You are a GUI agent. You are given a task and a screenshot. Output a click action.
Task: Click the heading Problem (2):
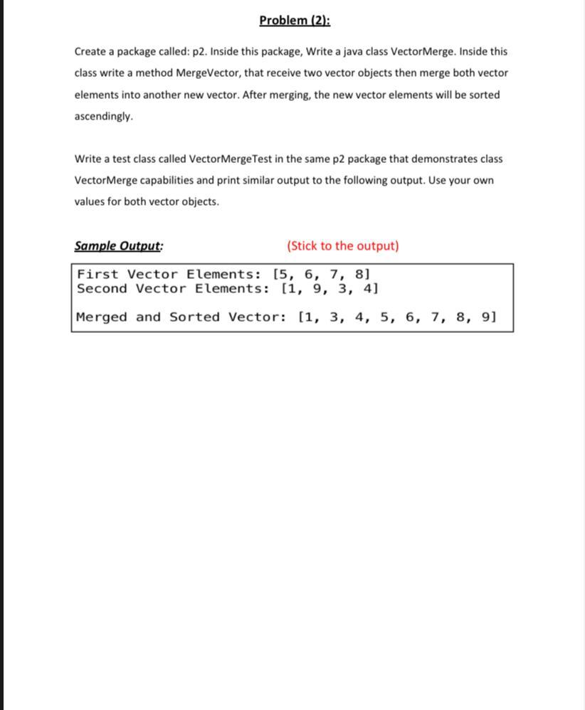pyautogui.click(x=295, y=20)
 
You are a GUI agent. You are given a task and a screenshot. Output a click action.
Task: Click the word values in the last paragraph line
pyautogui.click(x=90, y=201)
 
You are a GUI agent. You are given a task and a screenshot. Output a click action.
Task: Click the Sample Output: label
pyautogui.click(x=119, y=246)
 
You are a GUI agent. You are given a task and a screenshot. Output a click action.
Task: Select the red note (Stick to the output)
pyautogui.click(x=342, y=246)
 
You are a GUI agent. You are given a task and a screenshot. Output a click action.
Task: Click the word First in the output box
pyautogui.click(x=97, y=274)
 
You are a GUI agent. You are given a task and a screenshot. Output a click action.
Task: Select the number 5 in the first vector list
pyautogui.click(x=283, y=274)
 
